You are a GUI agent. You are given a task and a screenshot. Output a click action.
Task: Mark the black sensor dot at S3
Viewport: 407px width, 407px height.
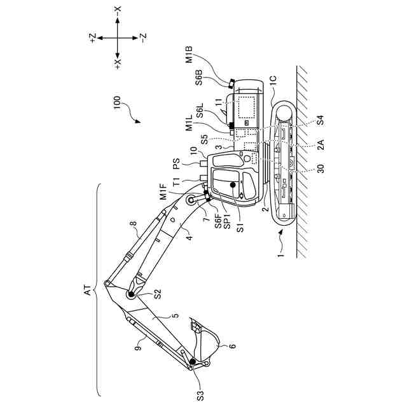(x=192, y=363)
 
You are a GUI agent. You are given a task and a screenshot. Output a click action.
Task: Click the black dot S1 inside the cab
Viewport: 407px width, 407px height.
(x=233, y=185)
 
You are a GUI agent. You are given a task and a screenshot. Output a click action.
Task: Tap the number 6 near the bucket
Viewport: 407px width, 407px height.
(x=232, y=347)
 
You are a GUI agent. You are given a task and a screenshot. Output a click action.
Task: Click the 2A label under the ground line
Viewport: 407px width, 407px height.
(x=321, y=145)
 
